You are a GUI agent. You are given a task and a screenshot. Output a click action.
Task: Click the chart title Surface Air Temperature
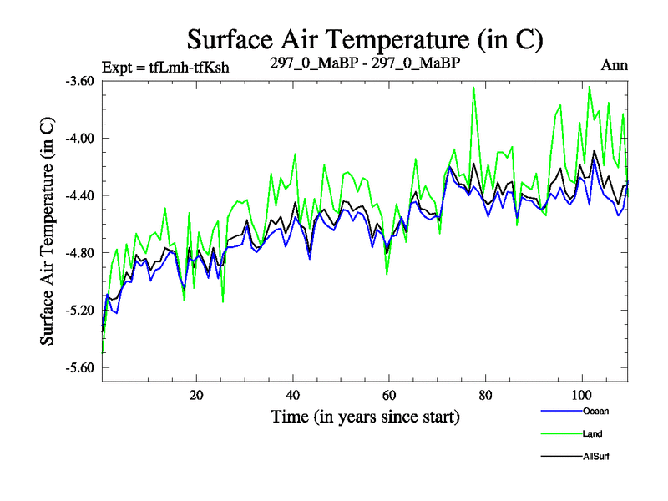pyautogui.click(x=365, y=39)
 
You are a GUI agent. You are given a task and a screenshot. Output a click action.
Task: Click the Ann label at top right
pyautogui.click(x=615, y=65)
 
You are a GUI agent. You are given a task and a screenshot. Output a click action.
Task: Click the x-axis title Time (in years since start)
pyautogui.click(x=365, y=416)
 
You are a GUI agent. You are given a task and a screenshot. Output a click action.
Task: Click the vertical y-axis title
pyautogui.click(x=48, y=230)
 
